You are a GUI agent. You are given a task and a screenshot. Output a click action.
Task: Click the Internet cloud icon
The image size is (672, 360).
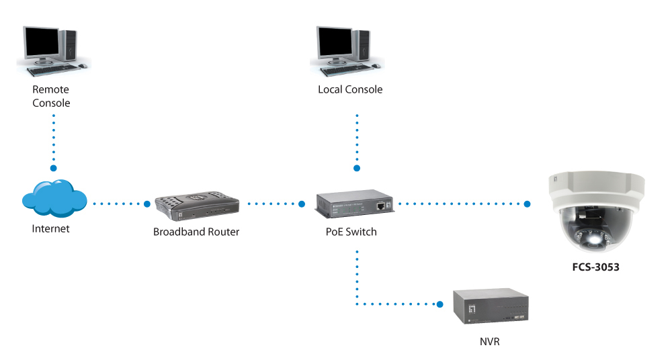54,198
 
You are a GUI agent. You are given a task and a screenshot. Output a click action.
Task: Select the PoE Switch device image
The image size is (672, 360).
354,204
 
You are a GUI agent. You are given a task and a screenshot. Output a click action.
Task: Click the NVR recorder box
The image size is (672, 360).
491,306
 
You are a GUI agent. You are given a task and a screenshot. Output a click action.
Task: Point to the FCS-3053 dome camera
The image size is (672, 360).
596,212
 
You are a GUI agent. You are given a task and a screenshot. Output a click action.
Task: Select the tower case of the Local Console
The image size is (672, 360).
362,45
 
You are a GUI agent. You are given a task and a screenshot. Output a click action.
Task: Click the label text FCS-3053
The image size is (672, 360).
595,267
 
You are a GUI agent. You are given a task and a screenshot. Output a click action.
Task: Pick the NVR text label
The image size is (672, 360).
489,342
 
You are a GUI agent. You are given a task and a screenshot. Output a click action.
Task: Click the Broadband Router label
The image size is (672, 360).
196,232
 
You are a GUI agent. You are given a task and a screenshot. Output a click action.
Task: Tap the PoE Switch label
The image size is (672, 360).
351,232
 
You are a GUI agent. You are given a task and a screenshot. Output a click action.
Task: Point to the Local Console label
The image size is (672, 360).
350,89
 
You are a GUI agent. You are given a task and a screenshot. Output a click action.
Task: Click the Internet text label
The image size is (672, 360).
50,229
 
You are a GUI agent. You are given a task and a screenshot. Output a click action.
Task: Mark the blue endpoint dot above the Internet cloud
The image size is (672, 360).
54,168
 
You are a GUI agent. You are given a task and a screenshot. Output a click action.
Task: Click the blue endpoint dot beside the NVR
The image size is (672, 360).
439,304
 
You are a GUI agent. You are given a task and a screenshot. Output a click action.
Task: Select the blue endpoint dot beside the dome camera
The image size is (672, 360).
527,204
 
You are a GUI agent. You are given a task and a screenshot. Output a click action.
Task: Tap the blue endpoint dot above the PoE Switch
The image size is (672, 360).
357,169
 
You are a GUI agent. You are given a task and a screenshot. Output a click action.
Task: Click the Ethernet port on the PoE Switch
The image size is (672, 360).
380,206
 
